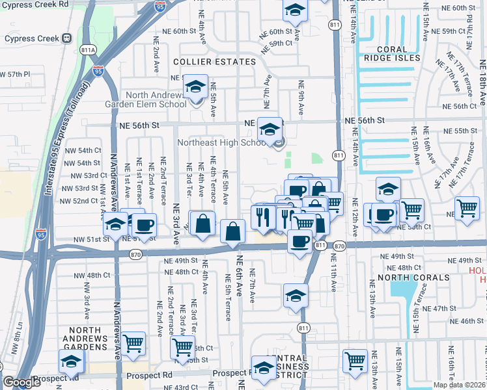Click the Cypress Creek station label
(32, 38)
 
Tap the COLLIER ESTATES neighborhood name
(214, 62)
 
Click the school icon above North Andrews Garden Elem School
(195, 86)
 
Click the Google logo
(22, 382)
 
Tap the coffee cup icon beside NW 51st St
(145, 225)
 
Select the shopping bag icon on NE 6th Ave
(232, 230)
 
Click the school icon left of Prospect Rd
(71, 361)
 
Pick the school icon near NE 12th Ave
(388, 189)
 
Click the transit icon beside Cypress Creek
(66, 38)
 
